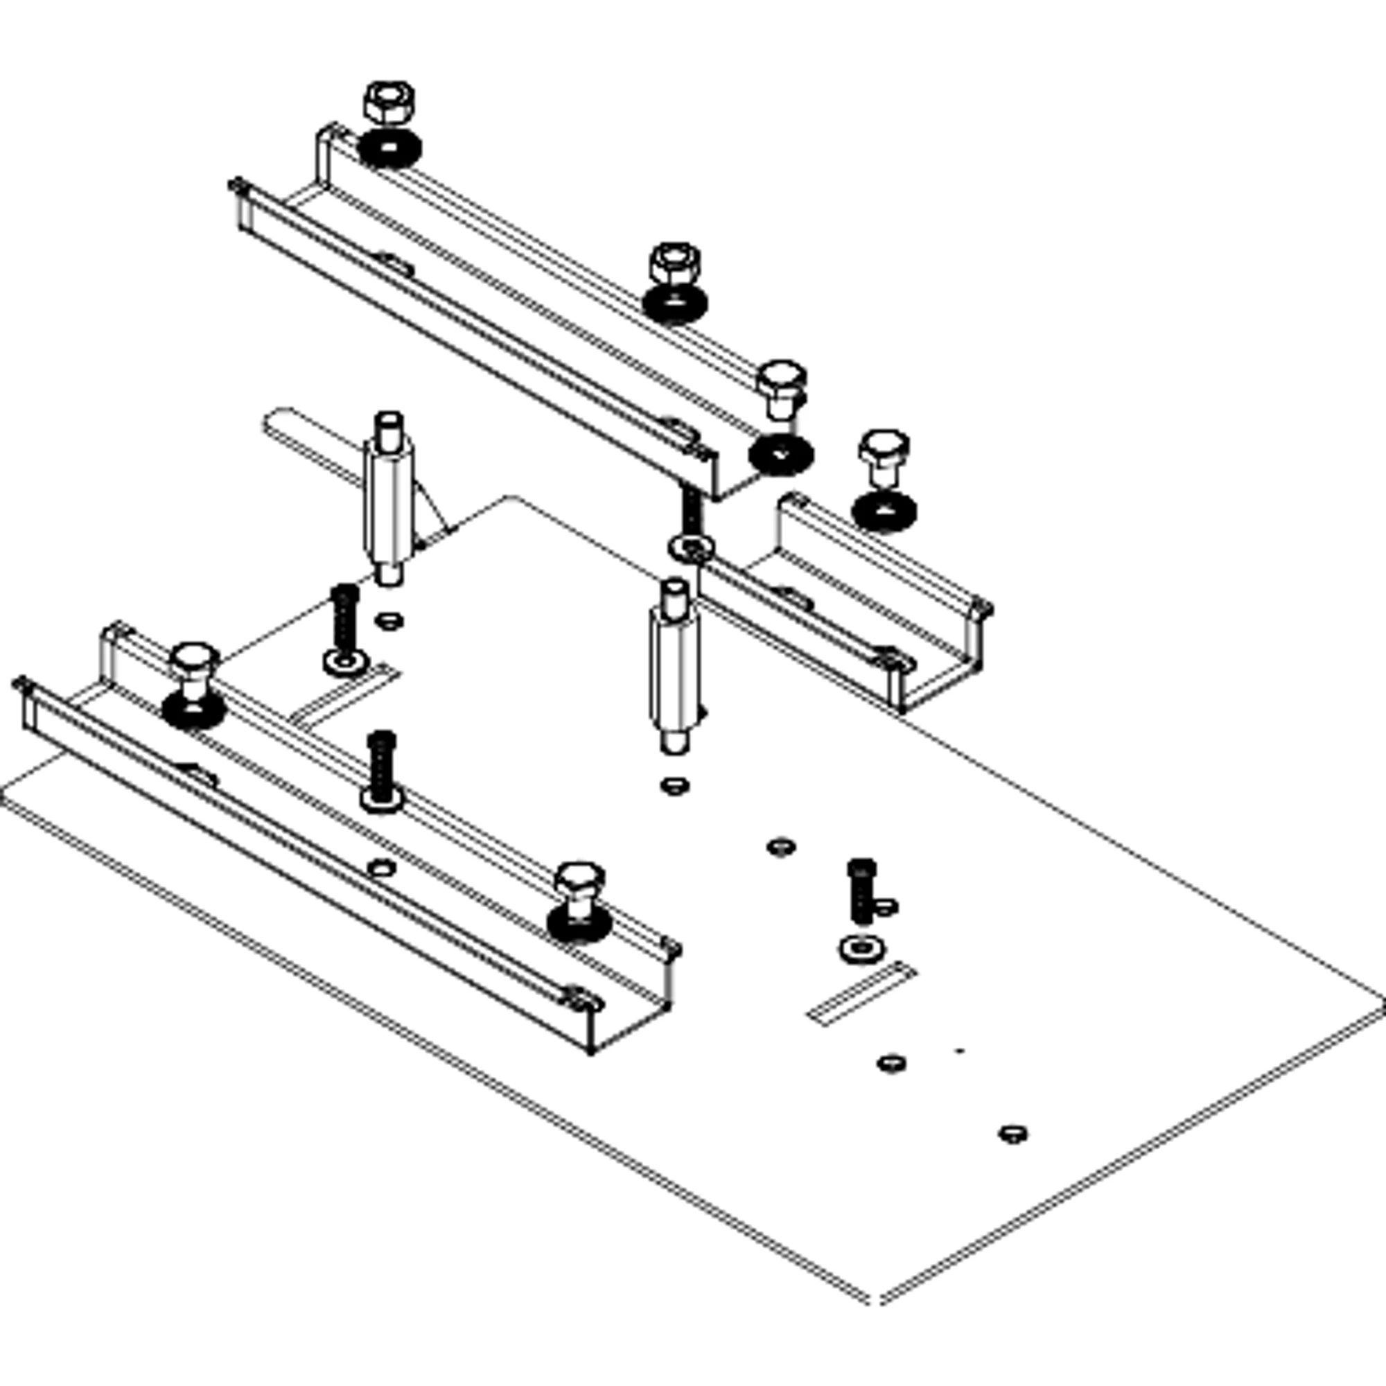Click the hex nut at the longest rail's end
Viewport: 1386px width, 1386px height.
click(x=388, y=102)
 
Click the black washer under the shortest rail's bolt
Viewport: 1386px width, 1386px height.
click(x=884, y=511)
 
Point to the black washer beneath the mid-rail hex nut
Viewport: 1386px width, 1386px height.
click(x=674, y=304)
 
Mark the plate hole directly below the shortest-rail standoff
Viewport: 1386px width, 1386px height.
click(x=674, y=786)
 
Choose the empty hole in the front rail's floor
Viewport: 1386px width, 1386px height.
click(x=381, y=868)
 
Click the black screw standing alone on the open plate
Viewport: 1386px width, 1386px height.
click(x=861, y=891)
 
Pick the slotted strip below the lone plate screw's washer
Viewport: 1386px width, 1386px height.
click(x=861, y=994)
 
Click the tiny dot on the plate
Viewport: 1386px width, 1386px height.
click(x=959, y=1051)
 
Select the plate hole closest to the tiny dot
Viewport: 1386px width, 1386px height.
click(x=891, y=1062)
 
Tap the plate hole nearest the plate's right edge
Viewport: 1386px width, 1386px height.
click(x=1013, y=1134)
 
